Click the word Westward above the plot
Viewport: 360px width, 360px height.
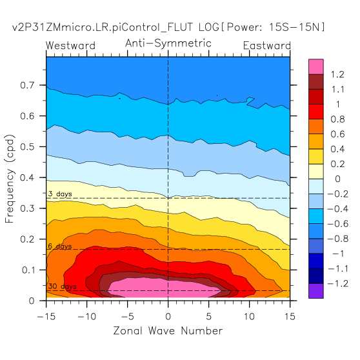70,45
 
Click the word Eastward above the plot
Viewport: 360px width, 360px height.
267,45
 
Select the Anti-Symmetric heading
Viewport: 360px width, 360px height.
168,43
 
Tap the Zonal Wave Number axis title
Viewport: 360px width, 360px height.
168,331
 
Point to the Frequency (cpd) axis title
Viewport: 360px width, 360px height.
10,179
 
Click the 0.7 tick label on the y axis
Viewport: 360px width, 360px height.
27,85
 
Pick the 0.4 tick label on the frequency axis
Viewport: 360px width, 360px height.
27,177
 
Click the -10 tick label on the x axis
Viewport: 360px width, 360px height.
87,316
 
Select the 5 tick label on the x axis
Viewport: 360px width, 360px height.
208,316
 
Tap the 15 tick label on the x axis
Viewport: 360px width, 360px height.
290,316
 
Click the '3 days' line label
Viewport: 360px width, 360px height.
60,194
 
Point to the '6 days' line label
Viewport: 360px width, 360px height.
60,246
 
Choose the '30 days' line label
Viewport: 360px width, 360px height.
62,286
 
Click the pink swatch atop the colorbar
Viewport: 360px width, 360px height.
316,67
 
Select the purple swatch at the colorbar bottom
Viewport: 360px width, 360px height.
316,291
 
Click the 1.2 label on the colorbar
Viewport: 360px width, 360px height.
337,75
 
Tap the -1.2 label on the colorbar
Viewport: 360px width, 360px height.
338,284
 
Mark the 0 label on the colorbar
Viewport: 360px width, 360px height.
337,179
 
